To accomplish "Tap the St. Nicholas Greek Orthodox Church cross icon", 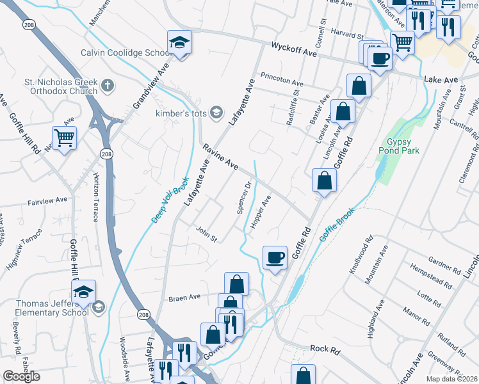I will (x=108, y=84).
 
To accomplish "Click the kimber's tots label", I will (x=182, y=113).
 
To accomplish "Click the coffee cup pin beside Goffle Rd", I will (x=275, y=258).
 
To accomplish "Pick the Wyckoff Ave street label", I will (x=295, y=50).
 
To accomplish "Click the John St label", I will (x=206, y=234).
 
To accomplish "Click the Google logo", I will (x=21, y=376).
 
